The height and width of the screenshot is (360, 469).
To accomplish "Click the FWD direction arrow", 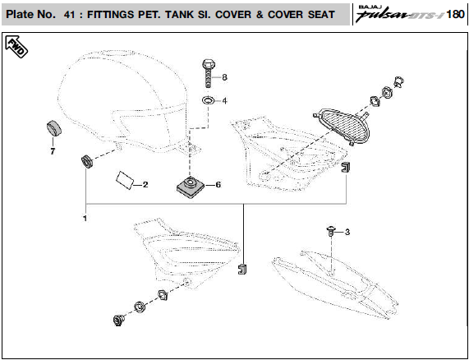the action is pos(16,47).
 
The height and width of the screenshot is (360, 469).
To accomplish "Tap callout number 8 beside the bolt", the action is pos(224,77).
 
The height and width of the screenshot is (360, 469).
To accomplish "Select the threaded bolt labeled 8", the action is pos(208,73).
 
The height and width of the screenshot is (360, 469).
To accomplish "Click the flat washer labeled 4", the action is pos(208,100).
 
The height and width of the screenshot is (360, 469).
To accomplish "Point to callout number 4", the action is pos(224,101).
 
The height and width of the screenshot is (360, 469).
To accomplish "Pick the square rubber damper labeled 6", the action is pos(191,187).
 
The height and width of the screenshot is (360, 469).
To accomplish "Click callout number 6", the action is pos(218,185).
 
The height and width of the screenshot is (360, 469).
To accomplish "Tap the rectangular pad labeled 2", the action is pos(125,180).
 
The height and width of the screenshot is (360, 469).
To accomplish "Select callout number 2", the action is pos(145,185).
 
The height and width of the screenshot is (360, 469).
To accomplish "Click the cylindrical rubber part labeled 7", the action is pos(54,127).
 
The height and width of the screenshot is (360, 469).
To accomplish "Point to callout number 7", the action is pos(53,151).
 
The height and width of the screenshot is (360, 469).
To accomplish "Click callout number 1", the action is pos(85,218).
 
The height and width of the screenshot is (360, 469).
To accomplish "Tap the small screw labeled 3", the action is pos(331,231).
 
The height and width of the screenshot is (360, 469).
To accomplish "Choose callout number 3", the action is pos(347,232).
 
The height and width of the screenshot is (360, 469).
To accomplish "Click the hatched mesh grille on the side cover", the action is pos(345,125).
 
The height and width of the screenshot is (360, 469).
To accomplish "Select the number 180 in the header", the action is pos(455,14).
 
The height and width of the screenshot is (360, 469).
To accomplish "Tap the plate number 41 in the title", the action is pos(69,14).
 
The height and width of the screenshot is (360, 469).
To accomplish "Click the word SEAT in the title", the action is pos(322,14).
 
